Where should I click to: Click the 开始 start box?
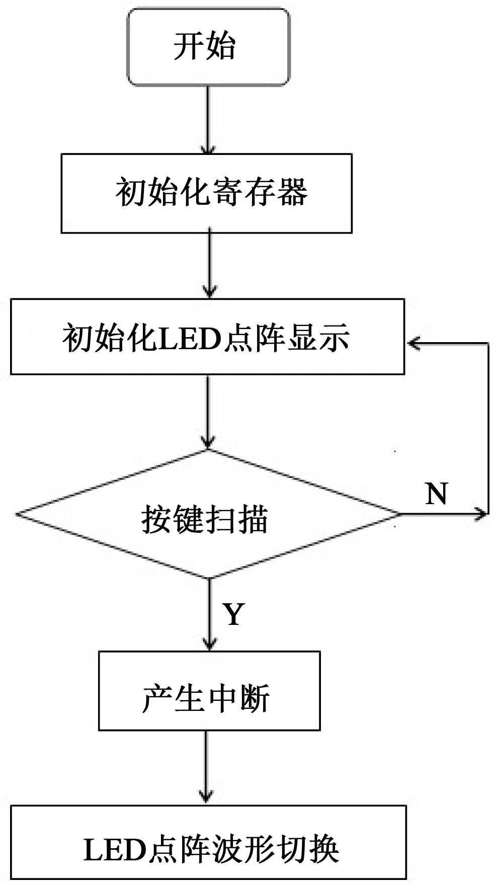(208, 47)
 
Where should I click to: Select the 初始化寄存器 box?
(206, 193)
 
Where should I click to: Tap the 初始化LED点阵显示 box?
(207, 337)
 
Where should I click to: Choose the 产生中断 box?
(209, 690)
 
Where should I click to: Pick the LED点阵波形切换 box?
(208, 849)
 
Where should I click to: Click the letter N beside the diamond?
(436, 494)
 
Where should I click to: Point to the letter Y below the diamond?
(234, 614)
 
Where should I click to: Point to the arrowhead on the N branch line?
(482, 514)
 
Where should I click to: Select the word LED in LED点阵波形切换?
(114, 850)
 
